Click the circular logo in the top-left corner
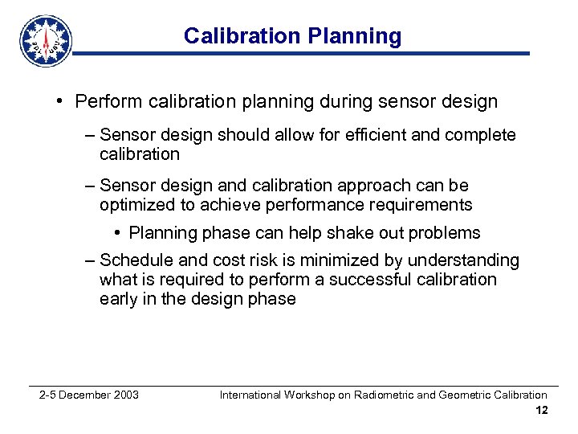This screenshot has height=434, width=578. pyautogui.click(x=46, y=40)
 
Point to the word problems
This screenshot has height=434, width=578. pyautogui.click(x=445, y=233)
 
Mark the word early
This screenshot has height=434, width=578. pyautogui.click(x=119, y=299)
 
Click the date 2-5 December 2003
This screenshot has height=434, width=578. pyautogui.click(x=89, y=395)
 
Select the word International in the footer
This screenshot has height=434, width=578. pyautogui.click(x=250, y=395)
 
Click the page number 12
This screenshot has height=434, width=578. pyautogui.click(x=541, y=411)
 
